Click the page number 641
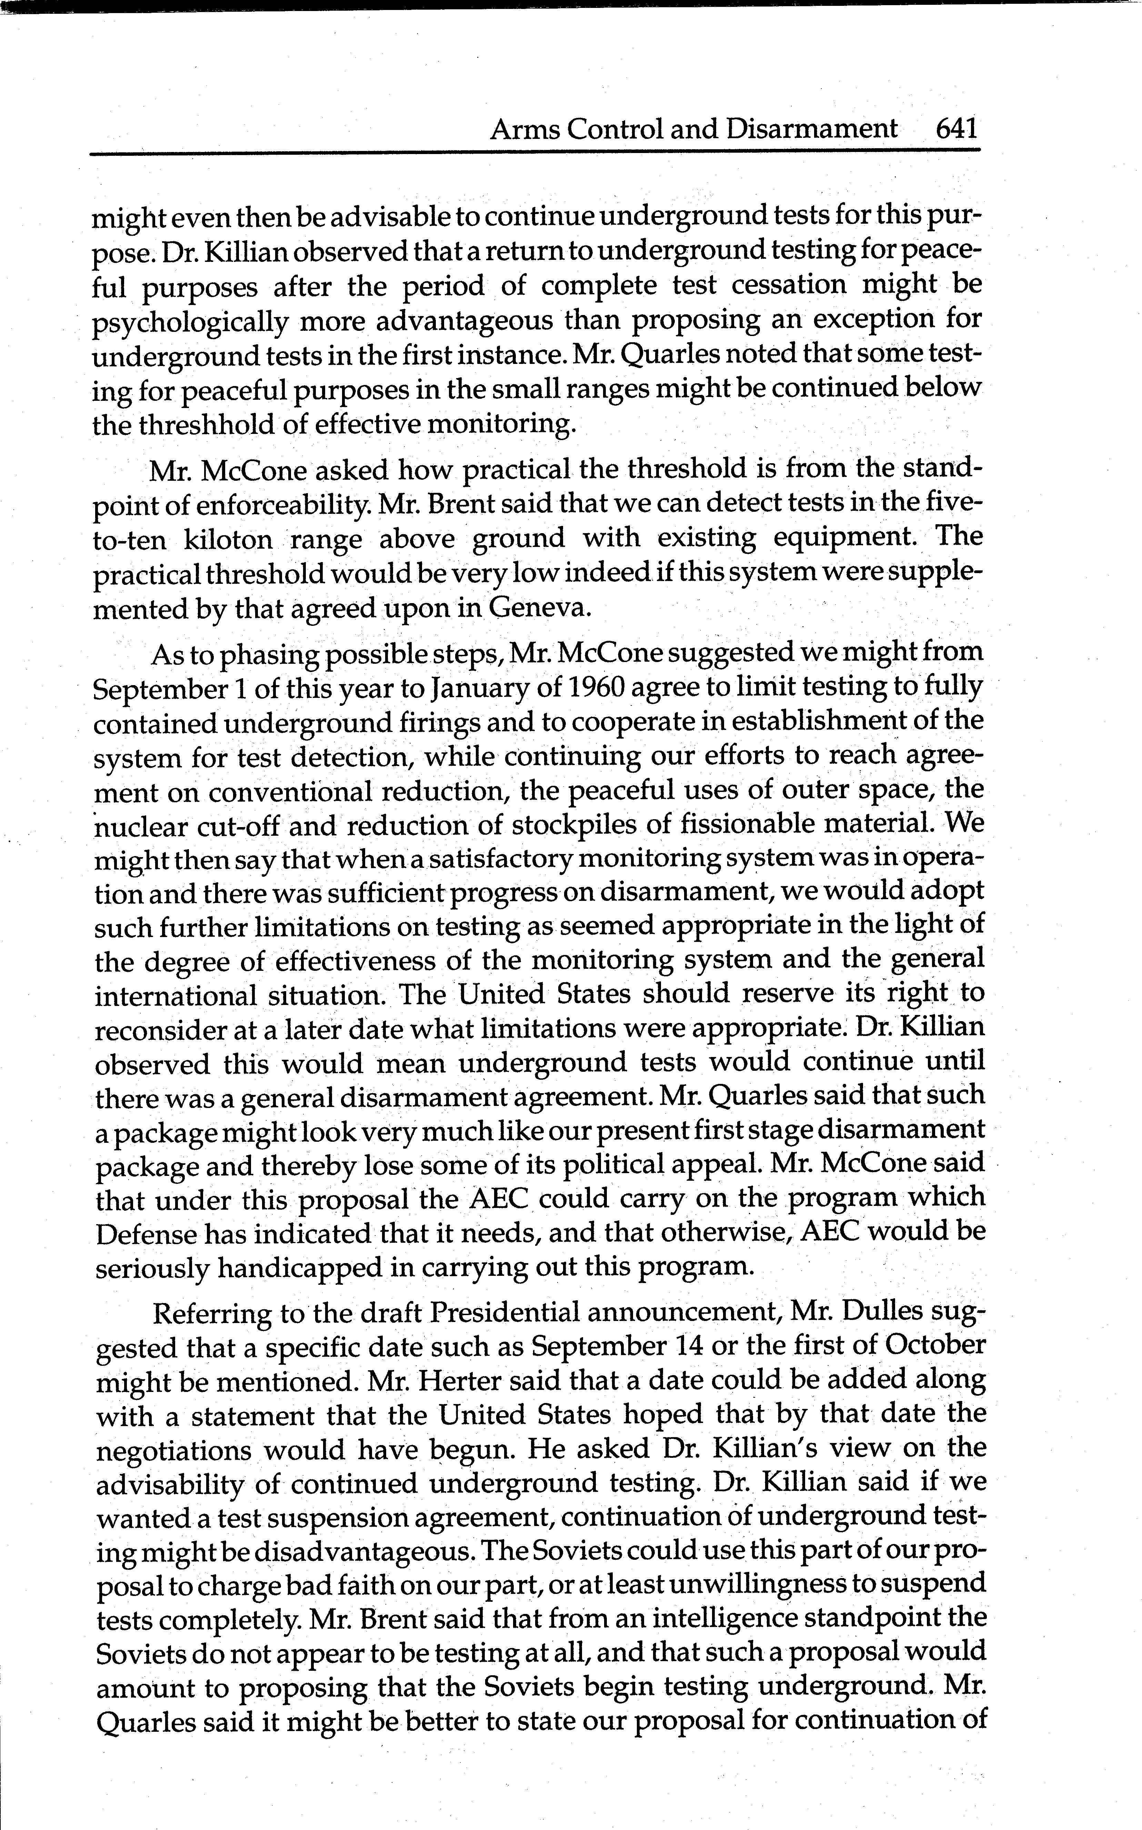pyautogui.click(x=956, y=128)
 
